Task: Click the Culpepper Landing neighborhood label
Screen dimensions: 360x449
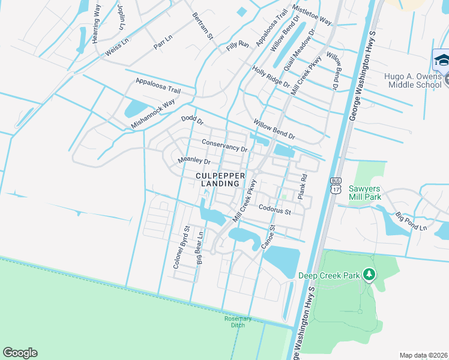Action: (x=220, y=179)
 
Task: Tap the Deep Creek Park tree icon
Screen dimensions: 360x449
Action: (x=369, y=275)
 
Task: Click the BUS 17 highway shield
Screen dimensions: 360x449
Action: (x=335, y=185)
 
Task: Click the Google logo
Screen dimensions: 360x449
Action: (x=20, y=353)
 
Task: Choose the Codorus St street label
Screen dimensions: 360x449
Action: (x=274, y=211)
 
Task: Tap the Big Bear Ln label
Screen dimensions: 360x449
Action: (x=200, y=247)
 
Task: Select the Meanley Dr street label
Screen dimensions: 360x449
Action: (x=194, y=161)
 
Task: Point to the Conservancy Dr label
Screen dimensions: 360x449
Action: (x=224, y=145)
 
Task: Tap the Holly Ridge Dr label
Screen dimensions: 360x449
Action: (x=271, y=76)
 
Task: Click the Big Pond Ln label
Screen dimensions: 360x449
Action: (x=411, y=221)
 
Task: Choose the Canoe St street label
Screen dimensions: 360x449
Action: (x=267, y=238)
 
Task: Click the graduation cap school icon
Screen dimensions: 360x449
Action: (x=442, y=61)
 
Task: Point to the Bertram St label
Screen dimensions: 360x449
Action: (x=203, y=25)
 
